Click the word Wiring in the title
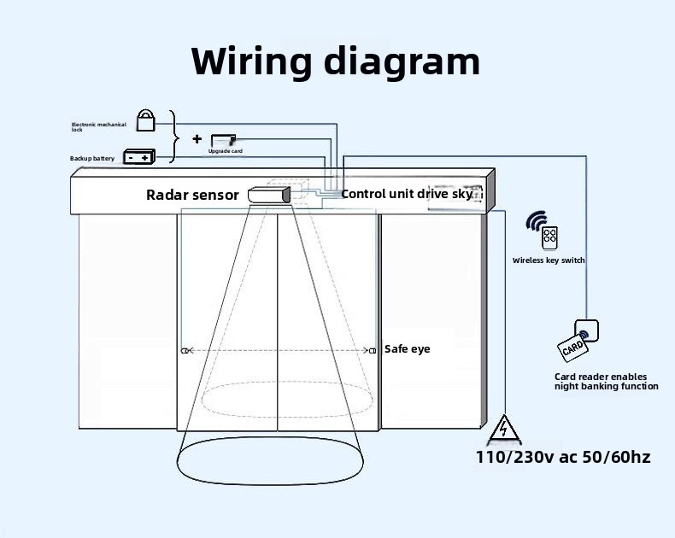coord(251,61)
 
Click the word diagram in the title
coord(402,61)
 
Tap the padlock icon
coord(145,120)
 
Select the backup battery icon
coord(139,156)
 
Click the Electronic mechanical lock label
coord(98,127)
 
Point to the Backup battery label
coord(92,158)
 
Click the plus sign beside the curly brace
coord(197,138)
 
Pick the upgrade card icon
coord(223,140)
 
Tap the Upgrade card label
coord(226,151)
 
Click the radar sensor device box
coord(269,195)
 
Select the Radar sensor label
coord(192,195)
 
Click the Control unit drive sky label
coord(407,194)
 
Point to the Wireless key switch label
coord(549,260)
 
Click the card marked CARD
coord(572,348)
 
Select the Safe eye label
coord(408,349)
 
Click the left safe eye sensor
coord(185,351)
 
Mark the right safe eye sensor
coord(373,351)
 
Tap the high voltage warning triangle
coord(504,430)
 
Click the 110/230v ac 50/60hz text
coord(563,457)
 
